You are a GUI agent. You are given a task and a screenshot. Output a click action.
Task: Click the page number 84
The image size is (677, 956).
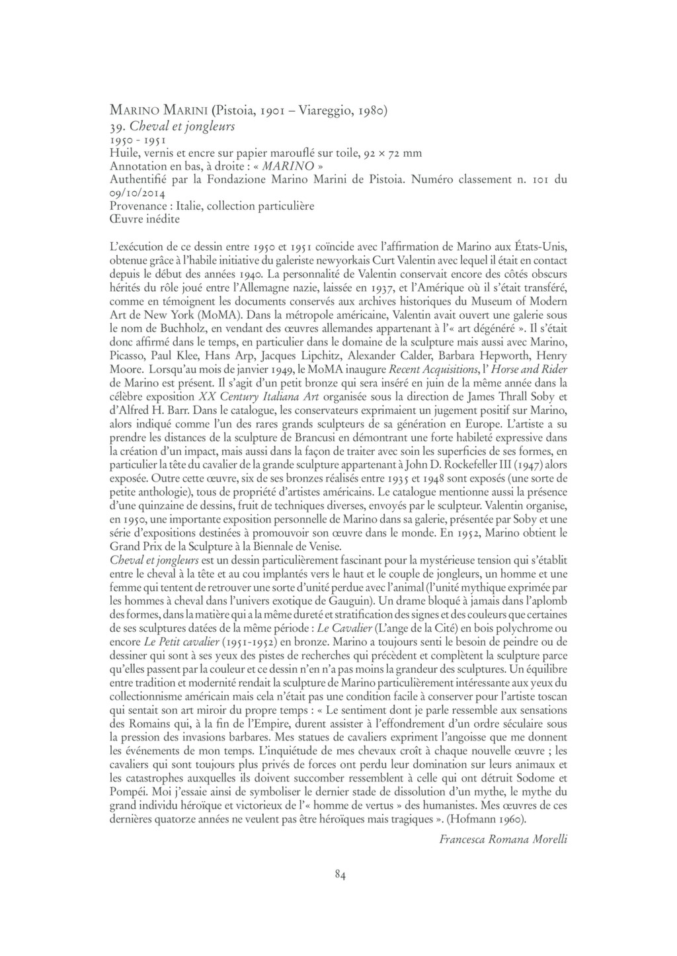tap(340, 875)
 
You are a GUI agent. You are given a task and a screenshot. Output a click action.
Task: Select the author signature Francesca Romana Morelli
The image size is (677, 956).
tap(502, 840)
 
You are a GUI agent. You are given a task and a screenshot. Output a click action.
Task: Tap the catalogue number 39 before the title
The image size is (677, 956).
tap(117, 126)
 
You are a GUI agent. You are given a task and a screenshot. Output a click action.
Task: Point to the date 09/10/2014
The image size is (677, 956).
tap(138, 193)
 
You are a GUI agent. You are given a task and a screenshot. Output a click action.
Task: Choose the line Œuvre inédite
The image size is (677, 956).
tap(144, 218)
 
